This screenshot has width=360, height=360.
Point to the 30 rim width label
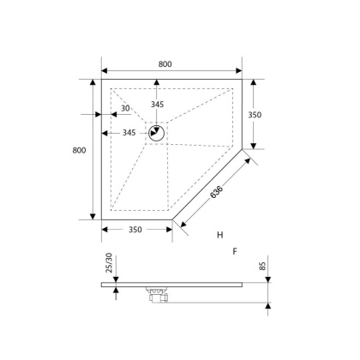[125, 109]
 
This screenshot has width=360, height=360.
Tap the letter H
[219, 234]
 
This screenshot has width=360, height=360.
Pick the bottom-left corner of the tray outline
[102, 220]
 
